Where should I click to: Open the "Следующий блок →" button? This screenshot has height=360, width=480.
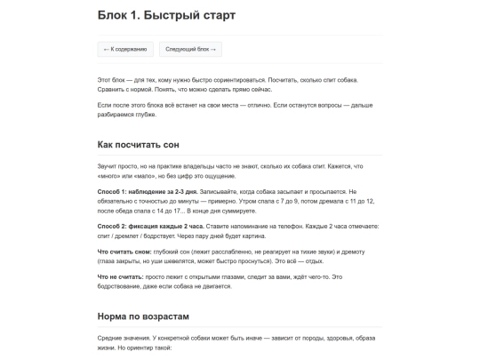(190, 49)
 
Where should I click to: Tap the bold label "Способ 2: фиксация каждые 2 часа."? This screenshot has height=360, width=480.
(136, 226)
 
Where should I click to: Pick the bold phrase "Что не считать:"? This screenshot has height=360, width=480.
(120, 277)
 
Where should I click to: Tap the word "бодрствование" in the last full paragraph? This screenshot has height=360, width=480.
(125, 286)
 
